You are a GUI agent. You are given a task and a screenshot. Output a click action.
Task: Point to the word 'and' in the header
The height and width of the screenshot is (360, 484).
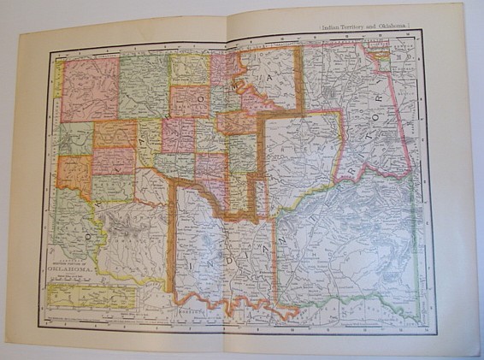pos(382,28)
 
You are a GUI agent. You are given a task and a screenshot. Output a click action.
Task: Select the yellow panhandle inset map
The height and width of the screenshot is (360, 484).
pos(91,297)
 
